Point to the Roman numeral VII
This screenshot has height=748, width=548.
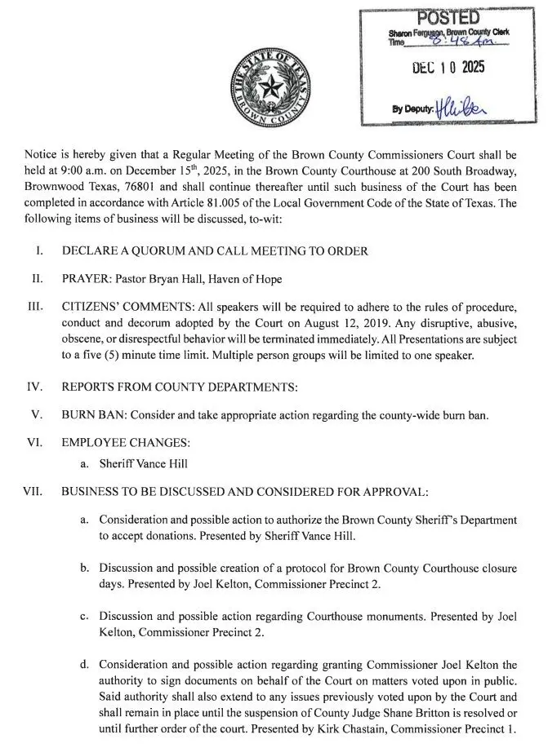click(32, 493)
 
